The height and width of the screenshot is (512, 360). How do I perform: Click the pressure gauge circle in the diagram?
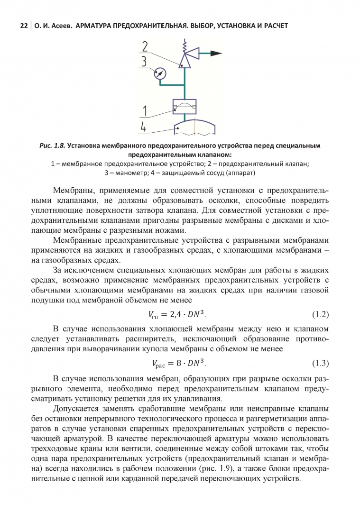[161, 73]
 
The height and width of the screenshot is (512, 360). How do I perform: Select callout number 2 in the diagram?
[145, 46]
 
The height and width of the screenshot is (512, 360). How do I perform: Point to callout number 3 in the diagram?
[144, 61]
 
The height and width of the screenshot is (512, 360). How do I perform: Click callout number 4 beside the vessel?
[144, 127]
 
